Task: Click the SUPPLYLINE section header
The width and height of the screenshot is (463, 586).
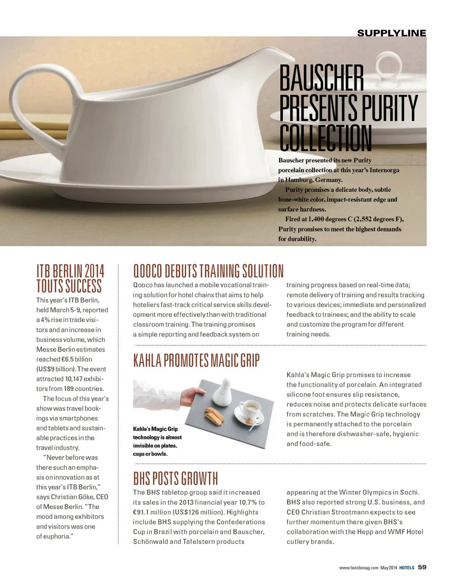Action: point(391,33)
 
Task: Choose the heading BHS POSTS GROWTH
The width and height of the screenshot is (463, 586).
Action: point(176,478)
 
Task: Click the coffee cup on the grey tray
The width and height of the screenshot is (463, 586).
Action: point(249,409)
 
